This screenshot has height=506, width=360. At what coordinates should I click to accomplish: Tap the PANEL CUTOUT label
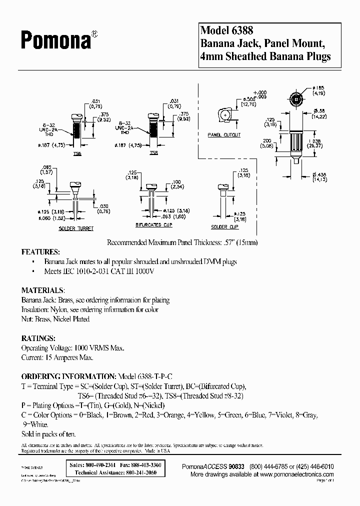click(x=224, y=135)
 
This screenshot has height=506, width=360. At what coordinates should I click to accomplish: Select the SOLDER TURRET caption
click(x=76, y=228)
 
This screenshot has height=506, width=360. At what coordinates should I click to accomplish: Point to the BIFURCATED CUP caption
click(x=154, y=225)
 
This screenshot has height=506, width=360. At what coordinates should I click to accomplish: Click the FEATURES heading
click(x=40, y=251)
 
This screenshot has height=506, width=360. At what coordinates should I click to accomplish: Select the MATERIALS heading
click(x=42, y=290)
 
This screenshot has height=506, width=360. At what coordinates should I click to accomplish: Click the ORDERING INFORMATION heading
click(x=68, y=376)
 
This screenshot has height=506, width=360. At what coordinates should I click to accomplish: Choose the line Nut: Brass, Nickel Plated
click(x=55, y=319)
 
